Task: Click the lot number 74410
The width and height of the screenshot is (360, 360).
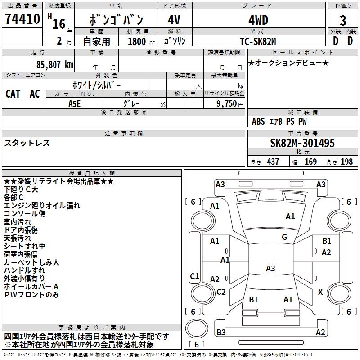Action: click(22, 19)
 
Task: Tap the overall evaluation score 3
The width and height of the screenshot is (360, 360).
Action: click(343, 20)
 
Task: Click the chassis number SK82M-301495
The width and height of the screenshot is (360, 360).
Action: click(302, 143)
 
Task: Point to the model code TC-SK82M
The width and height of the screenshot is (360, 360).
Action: click(258, 41)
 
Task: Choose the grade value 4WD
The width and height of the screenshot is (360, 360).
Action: click(258, 20)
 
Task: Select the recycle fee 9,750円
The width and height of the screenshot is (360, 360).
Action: click(229, 103)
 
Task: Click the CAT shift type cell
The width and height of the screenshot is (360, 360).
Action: click(13, 94)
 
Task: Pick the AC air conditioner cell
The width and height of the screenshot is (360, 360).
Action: click(35, 94)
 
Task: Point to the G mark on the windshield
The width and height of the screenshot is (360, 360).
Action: click(284, 237)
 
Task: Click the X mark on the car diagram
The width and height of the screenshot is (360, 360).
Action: click(320, 292)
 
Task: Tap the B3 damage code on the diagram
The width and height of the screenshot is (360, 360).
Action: click(221, 333)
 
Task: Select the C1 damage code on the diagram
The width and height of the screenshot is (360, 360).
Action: click(194, 276)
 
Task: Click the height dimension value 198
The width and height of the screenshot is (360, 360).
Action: click(347, 162)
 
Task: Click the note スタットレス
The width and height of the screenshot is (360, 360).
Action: click(27, 143)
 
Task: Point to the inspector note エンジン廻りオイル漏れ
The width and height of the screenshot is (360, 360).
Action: click(42, 206)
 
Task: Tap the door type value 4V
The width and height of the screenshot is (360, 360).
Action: click(174, 20)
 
